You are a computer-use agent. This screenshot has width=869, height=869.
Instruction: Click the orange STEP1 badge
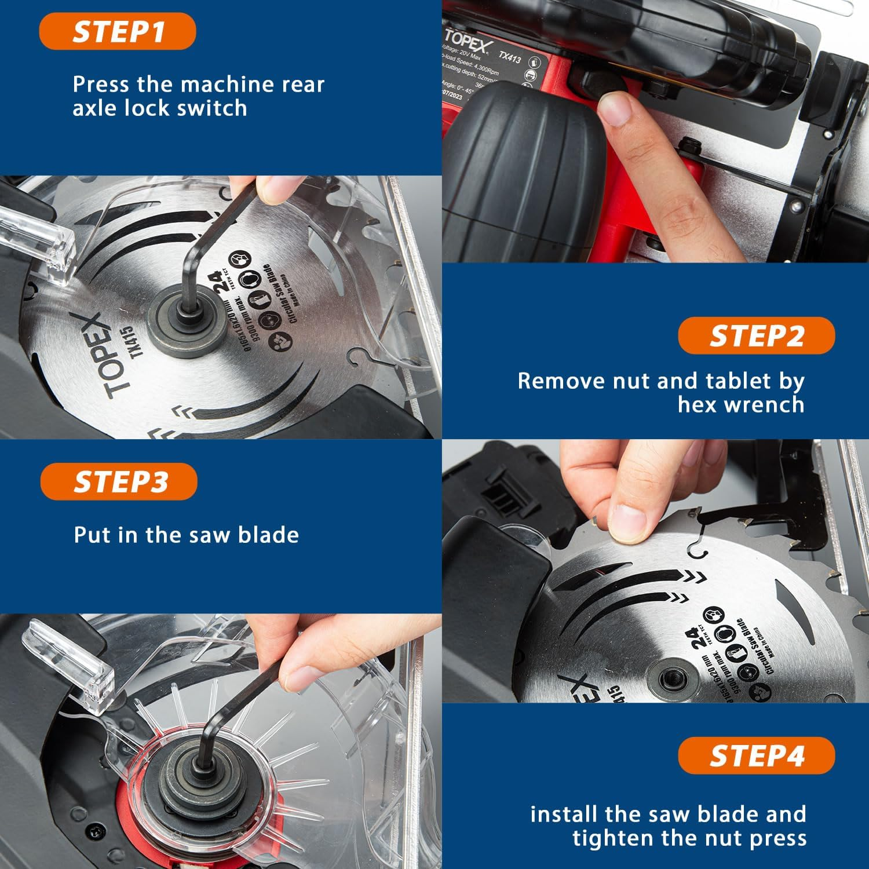(x=118, y=31)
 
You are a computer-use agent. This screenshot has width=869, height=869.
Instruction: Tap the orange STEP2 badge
(x=756, y=336)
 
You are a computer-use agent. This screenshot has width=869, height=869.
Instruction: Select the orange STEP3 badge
(x=119, y=481)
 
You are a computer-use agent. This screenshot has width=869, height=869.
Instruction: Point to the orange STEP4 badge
(x=756, y=755)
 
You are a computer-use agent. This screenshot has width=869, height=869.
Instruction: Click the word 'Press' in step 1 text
(x=101, y=85)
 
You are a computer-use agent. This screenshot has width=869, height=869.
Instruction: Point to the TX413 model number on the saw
(x=510, y=57)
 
